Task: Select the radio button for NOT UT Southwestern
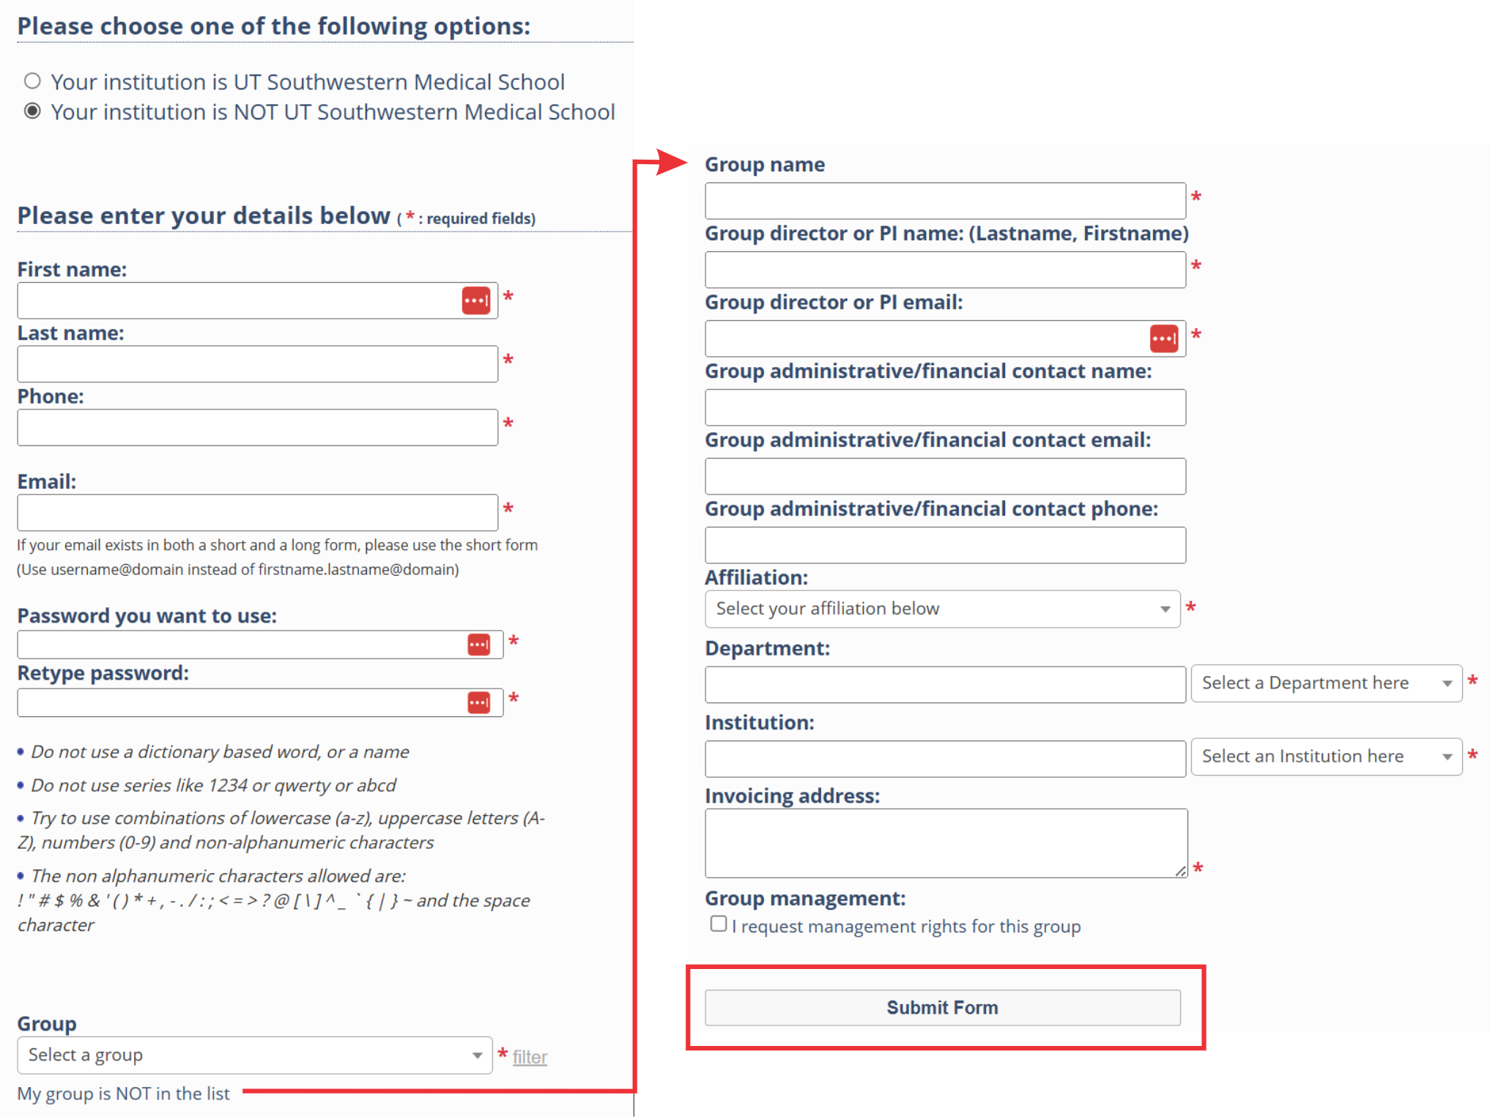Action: (32, 111)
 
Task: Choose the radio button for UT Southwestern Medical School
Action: (32, 81)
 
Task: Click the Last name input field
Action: (257, 364)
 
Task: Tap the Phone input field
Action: (257, 428)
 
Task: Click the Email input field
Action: (257, 513)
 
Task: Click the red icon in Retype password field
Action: (479, 702)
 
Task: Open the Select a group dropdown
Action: (254, 1055)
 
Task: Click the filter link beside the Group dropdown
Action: (530, 1057)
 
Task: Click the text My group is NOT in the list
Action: (123, 1094)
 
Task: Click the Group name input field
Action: (945, 201)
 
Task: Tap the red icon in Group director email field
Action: (1164, 338)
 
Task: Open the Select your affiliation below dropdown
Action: (942, 609)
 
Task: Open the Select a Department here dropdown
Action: (1326, 683)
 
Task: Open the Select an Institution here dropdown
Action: (1326, 756)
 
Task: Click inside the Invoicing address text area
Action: (945, 842)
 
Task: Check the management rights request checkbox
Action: (719, 924)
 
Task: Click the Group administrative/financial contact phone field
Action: (945, 545)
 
